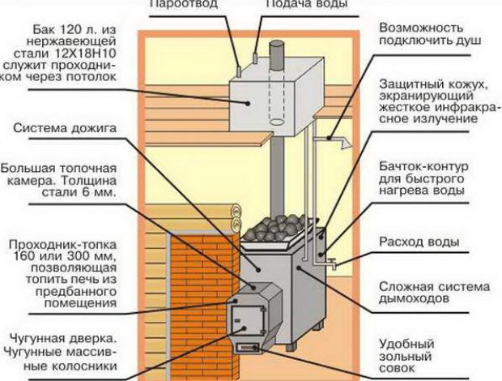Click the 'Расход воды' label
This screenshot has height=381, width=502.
[x=420, y=242]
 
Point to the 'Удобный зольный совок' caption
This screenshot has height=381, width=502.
[x=411, y=356]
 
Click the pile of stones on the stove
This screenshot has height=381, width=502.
[x=275, y=226]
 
